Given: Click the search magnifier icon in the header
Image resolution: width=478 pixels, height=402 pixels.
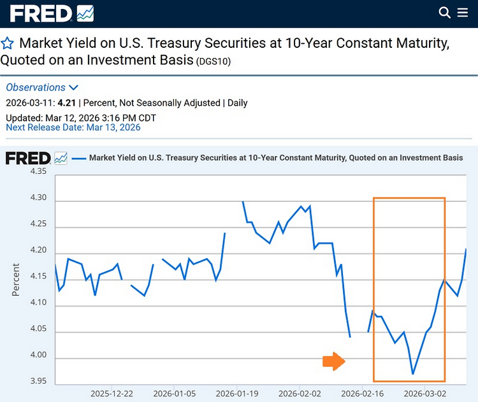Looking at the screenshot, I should tap(445, 12).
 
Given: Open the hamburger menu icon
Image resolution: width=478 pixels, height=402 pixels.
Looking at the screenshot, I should tap(463, 12).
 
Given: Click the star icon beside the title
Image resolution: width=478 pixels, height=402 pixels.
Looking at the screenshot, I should tap(8, 43).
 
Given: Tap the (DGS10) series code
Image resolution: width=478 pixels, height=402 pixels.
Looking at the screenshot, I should tap(214, 62).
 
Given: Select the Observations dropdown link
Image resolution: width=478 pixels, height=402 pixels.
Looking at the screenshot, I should tap(42, 87).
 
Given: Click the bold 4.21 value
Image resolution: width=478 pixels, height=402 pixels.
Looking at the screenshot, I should tap(67, 103).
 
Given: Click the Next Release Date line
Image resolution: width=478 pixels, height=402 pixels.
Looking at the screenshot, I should tap(73, 127).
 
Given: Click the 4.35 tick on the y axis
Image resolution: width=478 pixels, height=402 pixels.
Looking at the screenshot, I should tap(38, 171).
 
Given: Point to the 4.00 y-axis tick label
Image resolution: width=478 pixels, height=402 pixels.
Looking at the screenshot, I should tap(38, 355).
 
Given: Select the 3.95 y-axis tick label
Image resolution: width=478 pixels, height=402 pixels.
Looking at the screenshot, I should tap(38, 381).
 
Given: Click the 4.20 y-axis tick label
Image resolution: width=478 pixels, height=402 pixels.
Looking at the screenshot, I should tap(38, 250).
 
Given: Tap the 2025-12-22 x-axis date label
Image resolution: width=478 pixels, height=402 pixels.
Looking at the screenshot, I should tap(112, 394).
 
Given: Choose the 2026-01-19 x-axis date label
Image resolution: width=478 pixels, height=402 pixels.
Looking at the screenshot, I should tap(236, 394).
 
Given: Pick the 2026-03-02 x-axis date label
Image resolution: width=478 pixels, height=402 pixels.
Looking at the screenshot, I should tap(424, 394).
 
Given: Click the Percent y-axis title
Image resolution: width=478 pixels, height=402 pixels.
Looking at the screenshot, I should tap(16, 279).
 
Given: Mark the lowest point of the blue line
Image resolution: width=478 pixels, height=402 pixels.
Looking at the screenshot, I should tap(413, 374).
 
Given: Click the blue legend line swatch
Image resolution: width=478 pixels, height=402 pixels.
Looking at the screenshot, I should tap(79, 157).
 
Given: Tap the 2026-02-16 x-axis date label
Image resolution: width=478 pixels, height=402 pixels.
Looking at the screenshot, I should tap(361, 394).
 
